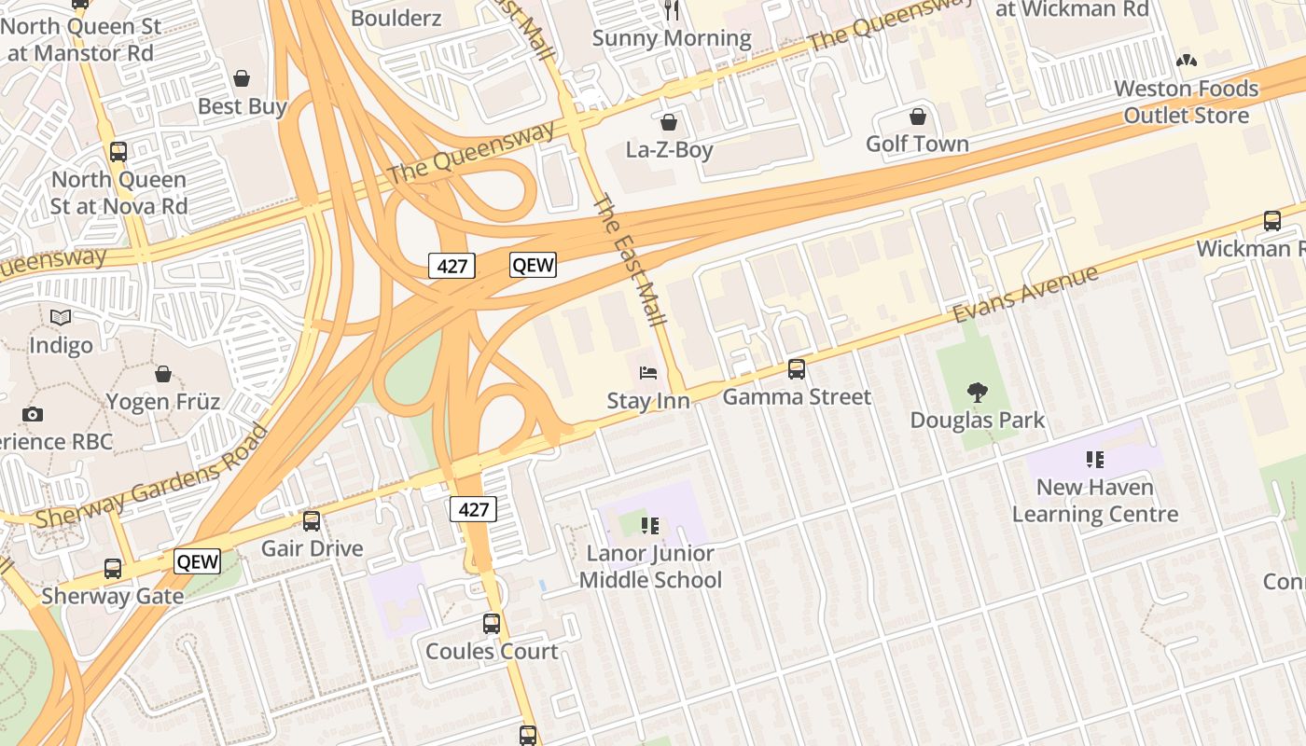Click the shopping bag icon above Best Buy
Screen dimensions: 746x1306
[242, 78]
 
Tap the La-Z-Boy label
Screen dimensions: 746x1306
[669, 150]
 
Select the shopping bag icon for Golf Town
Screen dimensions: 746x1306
[918, 117]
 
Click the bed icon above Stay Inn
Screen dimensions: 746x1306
[648, 374]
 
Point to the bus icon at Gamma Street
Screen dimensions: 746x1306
[797, 369]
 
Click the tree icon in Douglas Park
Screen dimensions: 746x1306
[978, 393]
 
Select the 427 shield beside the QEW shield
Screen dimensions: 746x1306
[452, 266]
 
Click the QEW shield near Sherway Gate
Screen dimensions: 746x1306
[198, 561]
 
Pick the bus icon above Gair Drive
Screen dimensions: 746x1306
[312, 521]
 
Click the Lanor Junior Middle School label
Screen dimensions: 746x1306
[650, 567]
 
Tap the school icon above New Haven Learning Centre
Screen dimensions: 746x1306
[1095, 460]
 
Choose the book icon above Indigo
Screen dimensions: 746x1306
[61, 318]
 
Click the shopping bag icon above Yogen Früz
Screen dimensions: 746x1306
[163, 375]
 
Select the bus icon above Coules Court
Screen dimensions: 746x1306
[492, 624]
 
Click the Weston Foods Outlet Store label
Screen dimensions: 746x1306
[1187, 103]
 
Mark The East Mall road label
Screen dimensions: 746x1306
[630, 259]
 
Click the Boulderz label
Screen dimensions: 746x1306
[396, 17]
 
